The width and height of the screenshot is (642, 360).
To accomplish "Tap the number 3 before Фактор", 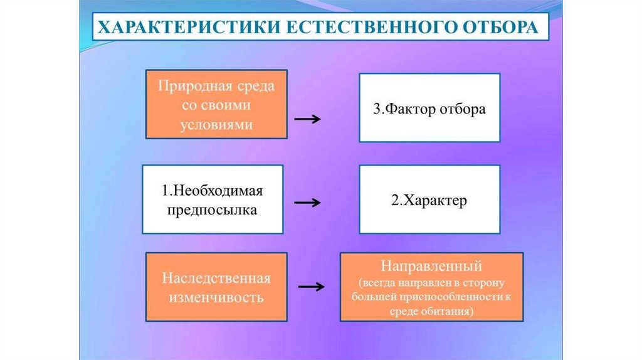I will (377, 109).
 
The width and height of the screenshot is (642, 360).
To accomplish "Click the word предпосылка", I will (212, 210).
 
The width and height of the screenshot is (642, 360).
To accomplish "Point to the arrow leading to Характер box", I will (308, 203).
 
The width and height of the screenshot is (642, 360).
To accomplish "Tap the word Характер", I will (435, 201).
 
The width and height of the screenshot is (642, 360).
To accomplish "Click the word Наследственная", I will (216, 277).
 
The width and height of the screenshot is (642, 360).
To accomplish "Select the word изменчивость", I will (216, 297).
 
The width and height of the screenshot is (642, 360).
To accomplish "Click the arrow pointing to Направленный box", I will (311, 287).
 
